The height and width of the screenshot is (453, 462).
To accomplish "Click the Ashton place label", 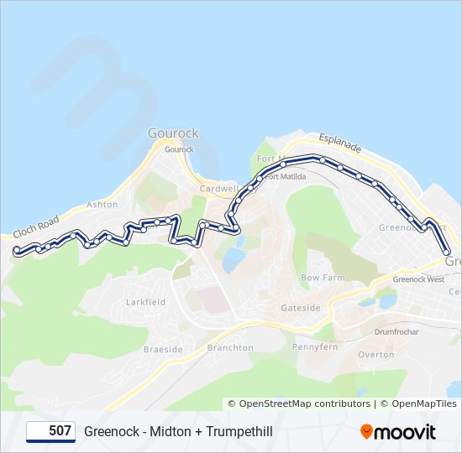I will [x=102, y=205].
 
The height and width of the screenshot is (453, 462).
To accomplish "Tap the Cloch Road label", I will [x=35, y=225].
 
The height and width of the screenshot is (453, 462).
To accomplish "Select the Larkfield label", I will [x=145, y=302].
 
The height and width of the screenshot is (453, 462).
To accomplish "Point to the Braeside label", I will [x=163, y=349].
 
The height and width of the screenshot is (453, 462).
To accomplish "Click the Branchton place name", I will [x=230, y=348].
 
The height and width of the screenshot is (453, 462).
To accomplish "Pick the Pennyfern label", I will [x=315, y=346].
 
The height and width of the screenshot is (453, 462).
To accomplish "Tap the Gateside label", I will [x=301, y=308].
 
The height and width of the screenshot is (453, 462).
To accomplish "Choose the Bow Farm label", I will [x=323, y=278].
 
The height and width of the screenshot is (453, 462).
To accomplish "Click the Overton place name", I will [x=375, y=355].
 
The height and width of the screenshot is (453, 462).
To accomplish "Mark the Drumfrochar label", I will [x=396, y=331].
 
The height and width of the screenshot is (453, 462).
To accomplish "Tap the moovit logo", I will [x=398, y=431].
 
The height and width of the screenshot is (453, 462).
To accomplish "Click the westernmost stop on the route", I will [x=17, y=250].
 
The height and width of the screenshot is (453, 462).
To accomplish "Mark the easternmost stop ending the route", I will [x=447, y=252].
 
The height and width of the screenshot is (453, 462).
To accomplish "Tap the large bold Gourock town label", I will [x=173, y=133].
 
